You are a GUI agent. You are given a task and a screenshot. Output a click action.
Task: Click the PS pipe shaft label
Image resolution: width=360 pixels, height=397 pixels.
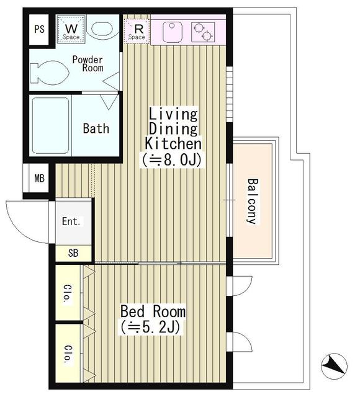(39, 29)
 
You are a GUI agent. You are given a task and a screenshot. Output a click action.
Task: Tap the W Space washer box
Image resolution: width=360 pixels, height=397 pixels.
(71, 30)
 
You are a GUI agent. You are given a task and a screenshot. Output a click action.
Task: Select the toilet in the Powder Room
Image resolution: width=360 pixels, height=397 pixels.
(49, 72)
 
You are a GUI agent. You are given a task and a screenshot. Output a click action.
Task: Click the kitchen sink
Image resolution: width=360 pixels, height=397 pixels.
(172, 32)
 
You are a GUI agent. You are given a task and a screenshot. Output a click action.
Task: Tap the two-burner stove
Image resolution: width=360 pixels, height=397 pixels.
(203, 32)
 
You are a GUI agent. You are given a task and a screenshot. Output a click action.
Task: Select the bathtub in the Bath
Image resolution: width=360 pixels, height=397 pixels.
(51, 125)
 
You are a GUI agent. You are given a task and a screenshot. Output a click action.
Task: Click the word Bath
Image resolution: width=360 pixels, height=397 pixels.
(96, 128)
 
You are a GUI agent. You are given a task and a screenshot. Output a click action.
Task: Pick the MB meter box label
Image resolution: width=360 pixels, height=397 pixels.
(39, 179)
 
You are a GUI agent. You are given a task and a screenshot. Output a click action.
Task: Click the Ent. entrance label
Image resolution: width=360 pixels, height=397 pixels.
(71, 221)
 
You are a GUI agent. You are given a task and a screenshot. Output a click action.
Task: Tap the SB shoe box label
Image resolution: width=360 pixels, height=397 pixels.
(73, 253)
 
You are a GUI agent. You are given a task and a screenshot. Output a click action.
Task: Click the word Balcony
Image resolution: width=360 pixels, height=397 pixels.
(253, 201)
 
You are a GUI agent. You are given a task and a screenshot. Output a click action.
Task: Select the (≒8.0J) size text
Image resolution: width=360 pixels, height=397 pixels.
(172, 160)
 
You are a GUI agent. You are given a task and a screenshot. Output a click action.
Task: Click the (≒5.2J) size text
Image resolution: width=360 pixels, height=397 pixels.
(150, 327)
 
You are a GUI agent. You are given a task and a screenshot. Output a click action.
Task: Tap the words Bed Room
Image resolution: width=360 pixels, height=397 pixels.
(153, 311)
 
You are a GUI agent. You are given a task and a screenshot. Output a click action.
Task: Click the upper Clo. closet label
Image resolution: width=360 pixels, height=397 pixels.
(68, 293)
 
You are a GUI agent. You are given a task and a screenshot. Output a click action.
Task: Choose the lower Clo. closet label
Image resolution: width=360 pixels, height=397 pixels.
(68, 354)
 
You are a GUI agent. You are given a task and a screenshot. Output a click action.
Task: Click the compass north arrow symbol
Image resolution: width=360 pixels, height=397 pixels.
(334, 366)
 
